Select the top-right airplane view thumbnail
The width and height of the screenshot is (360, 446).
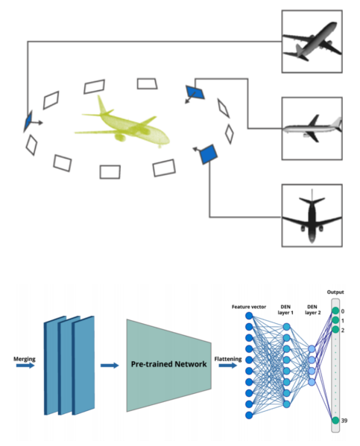[312, 42]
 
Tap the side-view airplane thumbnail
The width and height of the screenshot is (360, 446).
[312, 129]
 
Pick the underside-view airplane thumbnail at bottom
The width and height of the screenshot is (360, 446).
[312, 216]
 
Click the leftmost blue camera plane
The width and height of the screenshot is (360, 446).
[28, 121]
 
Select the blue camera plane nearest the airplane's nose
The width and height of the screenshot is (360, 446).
[208, 154]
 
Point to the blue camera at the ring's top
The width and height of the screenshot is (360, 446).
[195, 92]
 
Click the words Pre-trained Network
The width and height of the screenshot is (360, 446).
[168, 364]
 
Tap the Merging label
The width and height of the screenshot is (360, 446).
[25, 359]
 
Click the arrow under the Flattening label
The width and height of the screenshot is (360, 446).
[228, 366]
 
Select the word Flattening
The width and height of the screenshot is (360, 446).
[228, 359]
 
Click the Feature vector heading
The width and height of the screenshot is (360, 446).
[249, 307]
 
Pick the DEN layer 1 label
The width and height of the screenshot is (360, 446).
[285, 310]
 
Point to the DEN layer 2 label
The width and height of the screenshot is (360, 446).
[312, 310]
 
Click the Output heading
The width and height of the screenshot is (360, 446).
[335, 292]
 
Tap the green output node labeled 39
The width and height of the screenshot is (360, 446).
[335, 420]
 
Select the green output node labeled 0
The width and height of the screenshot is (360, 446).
[335, 311]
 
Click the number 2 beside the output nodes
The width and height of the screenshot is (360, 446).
[343, 331]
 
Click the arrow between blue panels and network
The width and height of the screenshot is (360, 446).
[110, 366]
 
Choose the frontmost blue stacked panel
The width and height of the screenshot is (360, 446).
[83, 366]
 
